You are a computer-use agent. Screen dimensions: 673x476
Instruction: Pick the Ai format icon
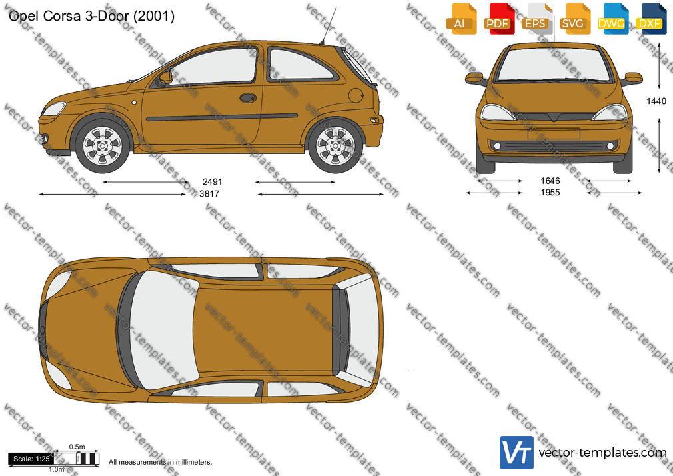click(x=461, y=19)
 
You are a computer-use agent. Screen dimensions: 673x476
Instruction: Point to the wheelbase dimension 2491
click(x=212, y=182)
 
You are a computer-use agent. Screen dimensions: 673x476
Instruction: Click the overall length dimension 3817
click(x=209, y=194)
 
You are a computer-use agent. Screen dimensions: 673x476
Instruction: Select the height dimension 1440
click(x=656, y=101)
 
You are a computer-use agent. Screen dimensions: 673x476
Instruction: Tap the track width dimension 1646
click(x=550, y=181)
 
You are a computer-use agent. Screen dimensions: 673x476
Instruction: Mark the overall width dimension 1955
click(x=550, y=193)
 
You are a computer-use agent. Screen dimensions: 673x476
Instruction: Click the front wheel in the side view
click(x=102, y=145)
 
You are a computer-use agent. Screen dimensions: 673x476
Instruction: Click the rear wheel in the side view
click(x=335, y=145)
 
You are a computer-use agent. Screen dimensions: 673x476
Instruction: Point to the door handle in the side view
click(x=248, y=98)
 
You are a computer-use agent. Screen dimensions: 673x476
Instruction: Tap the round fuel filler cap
click(x=356, y=95)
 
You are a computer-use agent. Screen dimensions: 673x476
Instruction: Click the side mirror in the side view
click(x=165, y=78)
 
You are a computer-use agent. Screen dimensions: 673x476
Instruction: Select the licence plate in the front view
click(x=554, y=133)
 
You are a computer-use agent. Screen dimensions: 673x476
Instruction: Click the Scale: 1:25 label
click(x=31, y=459)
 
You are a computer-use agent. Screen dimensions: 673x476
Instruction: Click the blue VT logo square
click(x=516, y=453)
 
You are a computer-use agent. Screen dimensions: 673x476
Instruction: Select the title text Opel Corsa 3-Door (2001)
click(x=91, y=16)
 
